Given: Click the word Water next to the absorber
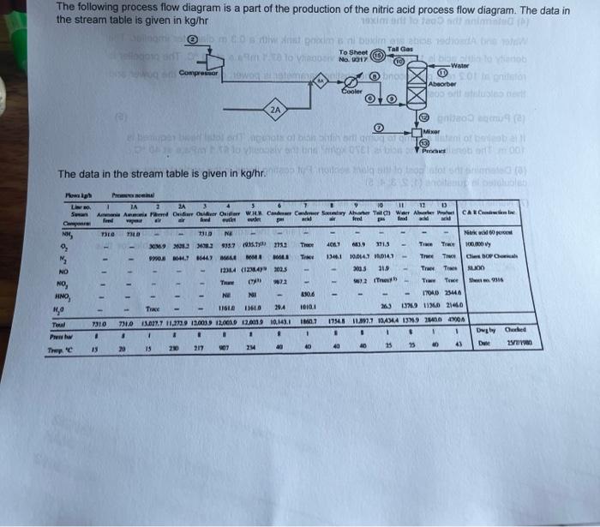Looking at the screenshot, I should [x=460, y=65].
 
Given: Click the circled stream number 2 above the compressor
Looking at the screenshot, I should [x=194, y=40].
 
